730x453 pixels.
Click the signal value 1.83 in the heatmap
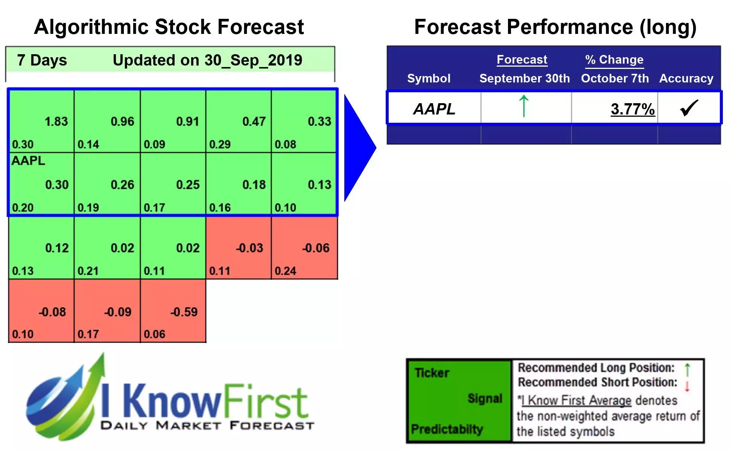click(56, 121)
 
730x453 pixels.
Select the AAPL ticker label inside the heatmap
click(28, 161)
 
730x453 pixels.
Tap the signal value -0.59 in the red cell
click(184, 312)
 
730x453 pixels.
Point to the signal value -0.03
click(249, 248)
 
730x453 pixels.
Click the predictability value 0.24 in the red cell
click(285, 271)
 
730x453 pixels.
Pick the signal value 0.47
click(254, 121)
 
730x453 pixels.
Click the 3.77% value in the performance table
click(633, 109)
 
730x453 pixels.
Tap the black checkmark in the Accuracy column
click(689, 108)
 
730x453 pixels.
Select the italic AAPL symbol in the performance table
click(434, 109)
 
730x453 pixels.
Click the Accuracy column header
click(686, 78)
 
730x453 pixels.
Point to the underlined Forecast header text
click(522, 59)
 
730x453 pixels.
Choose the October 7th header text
click(615, 78)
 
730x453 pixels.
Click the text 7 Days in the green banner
click(42, 60)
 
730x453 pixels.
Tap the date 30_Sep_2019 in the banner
click(253, 60)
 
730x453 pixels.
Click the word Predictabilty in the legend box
click(447, 429)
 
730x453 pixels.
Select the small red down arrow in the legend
click(687, 386)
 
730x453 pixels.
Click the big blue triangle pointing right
click(357, 148)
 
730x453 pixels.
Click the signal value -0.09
click(118, 312)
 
